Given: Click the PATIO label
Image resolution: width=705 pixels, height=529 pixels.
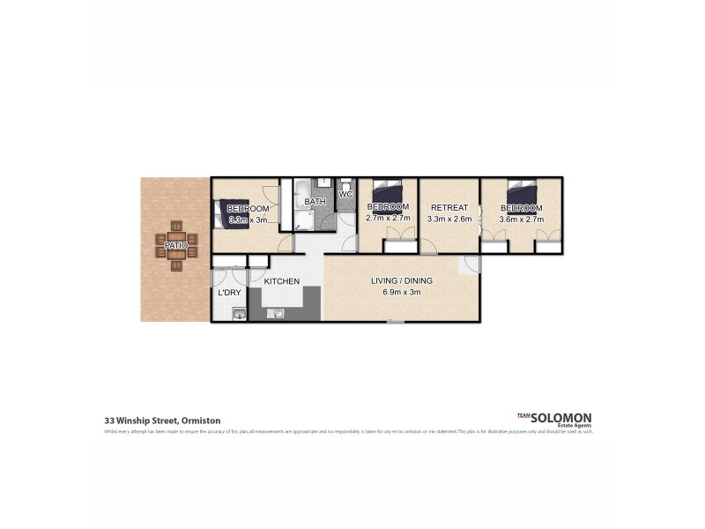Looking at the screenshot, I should tap(176, 244).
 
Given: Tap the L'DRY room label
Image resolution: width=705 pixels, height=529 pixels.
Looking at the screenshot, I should tap(230, 293).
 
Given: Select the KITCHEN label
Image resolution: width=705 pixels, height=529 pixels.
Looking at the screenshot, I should tap(282, 281).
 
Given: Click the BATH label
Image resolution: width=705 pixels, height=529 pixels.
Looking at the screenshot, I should tap(315, 202).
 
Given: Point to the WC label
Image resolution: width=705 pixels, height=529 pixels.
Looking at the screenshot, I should tap(345, 194).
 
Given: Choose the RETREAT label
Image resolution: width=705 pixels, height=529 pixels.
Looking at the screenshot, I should tap(449, 208).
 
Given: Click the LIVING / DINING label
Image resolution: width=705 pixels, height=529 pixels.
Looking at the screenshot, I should tap(401, 282).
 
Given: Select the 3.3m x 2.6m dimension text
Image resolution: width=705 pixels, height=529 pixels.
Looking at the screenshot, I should tap(449, 219).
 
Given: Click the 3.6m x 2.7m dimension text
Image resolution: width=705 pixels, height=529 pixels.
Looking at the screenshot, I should tap(521, 219).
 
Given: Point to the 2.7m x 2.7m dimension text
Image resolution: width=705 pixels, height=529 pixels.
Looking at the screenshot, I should tap(388, 218).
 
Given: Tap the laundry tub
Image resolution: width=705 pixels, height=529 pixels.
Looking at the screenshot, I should tap(239, 313).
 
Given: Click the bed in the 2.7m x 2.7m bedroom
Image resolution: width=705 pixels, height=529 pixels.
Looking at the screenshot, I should tap(388, 190).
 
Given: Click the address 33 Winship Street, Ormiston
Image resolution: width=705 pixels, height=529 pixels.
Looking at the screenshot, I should tap(162, 421).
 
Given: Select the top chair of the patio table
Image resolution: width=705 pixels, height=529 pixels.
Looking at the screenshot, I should tap(176, 225).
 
